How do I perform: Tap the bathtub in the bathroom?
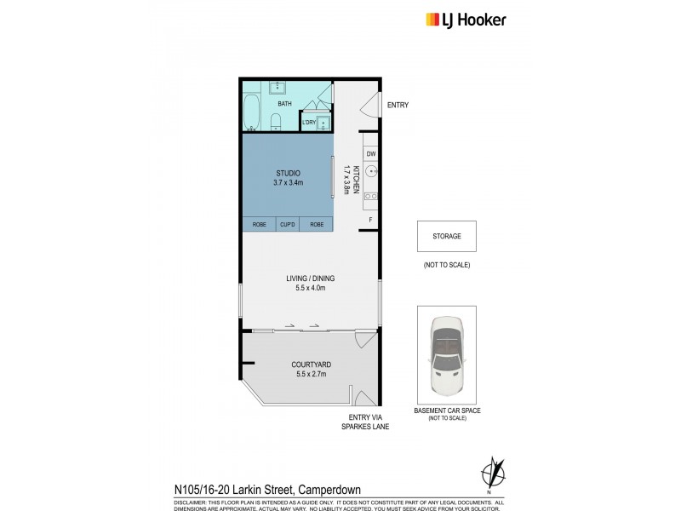pos(252,112)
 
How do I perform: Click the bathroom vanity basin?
pos(278,87)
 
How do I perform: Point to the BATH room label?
pos(284,105)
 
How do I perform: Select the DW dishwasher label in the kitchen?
pos(371,154)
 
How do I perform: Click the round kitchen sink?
pos(371,170)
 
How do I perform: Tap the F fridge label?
pos(371,220)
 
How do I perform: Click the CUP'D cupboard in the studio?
pos(287,225)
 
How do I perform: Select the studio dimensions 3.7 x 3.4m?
pos(289,182)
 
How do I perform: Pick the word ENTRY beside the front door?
pos(398,106)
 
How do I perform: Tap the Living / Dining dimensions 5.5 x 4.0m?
pos(310,288)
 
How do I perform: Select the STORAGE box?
pos(446,236)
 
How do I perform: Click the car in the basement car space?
pos(447,356)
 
